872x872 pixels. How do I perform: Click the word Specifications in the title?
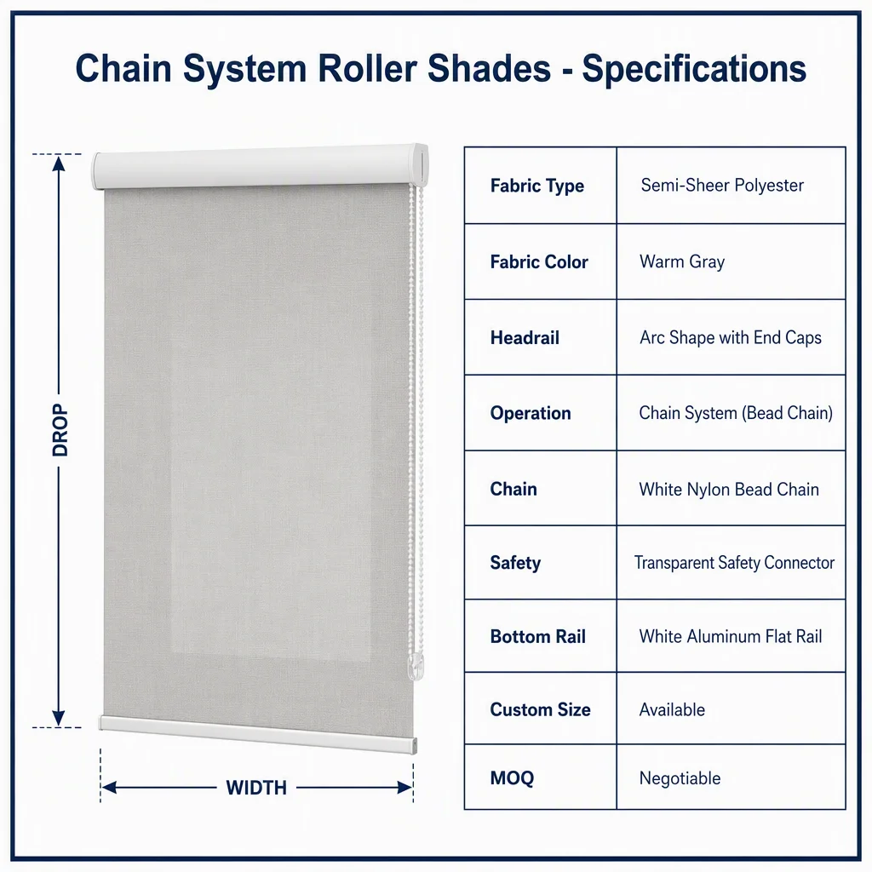tap(694, 70)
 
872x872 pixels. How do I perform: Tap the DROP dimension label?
tap(60, 430)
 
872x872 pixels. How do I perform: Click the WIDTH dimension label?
tap(256, 788)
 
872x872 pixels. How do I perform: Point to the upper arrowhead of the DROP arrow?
tap(59, 163)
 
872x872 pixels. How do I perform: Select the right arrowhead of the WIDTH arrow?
tap(404, 788)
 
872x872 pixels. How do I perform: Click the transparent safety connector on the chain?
tap(416, 667)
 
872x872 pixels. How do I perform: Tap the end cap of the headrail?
tap(420, 165)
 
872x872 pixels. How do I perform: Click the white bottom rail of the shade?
tap(258, 734)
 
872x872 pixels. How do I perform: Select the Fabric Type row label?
tap(537, 186)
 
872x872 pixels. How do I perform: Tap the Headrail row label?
tap(525, 337)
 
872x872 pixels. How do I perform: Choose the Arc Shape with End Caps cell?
tap(730, 337)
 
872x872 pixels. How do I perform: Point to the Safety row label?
tap(515, 563)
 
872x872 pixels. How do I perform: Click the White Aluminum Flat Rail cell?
tap(730, 636)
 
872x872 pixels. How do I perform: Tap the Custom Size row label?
tap(540, 709)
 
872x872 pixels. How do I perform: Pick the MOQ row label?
tap(512, 778)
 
